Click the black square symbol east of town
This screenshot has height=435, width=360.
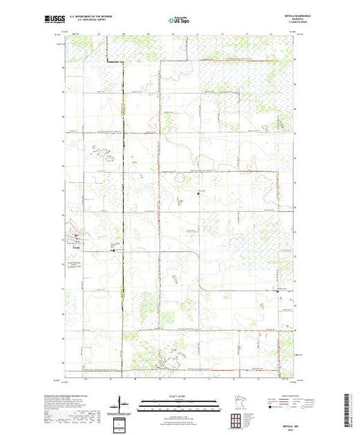[x=113, y=251]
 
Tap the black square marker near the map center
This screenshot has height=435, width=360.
[x=198, y=194]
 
